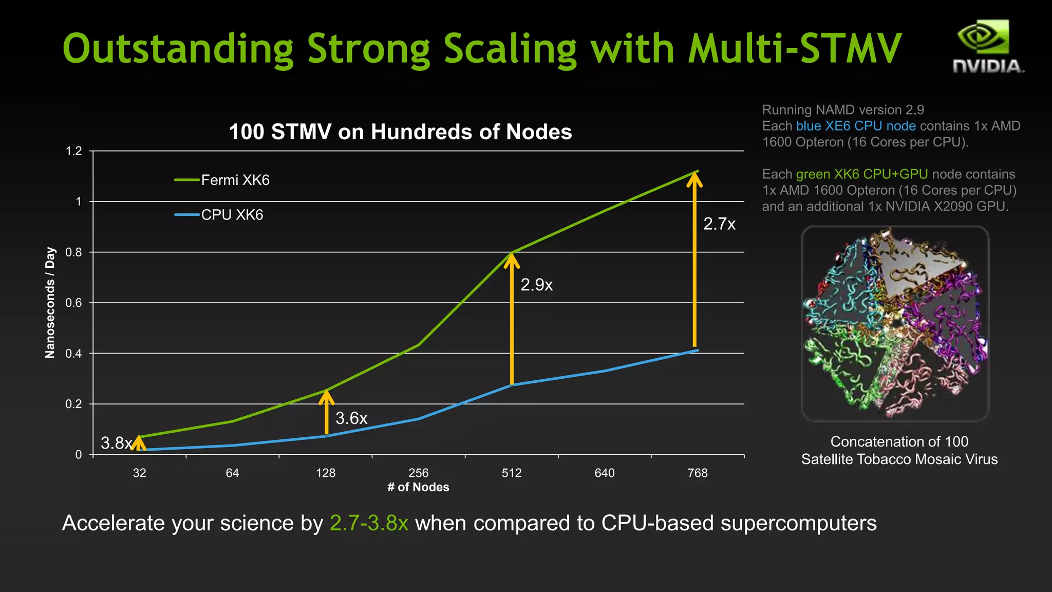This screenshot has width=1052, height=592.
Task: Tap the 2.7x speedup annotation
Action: pos(719,224)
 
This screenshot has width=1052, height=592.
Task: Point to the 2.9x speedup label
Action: pos(536,285)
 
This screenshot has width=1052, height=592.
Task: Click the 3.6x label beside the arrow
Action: pos(351,418)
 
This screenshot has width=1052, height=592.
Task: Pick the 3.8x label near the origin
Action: pos(116,443)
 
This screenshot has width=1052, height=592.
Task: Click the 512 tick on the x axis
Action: pos(511,473)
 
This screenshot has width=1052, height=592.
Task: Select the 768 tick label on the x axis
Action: pos(697,473)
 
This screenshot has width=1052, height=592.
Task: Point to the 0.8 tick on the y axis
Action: pos(73,252)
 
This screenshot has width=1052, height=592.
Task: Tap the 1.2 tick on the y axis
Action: pos(73,151)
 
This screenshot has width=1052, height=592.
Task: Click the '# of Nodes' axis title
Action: pos(418,487)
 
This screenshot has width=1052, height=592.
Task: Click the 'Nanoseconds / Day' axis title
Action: pos(50,302)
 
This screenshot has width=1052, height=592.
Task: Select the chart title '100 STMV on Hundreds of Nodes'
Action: pos(400,132)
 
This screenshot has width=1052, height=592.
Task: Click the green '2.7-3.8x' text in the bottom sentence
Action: pos(369,523)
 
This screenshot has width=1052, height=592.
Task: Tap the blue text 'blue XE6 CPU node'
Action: pos(856,126)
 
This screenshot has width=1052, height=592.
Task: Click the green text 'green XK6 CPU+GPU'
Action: pos(862,174)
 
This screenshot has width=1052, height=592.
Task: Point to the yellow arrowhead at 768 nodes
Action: pos(694,180)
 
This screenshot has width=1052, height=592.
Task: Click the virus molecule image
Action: pos(895,324)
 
